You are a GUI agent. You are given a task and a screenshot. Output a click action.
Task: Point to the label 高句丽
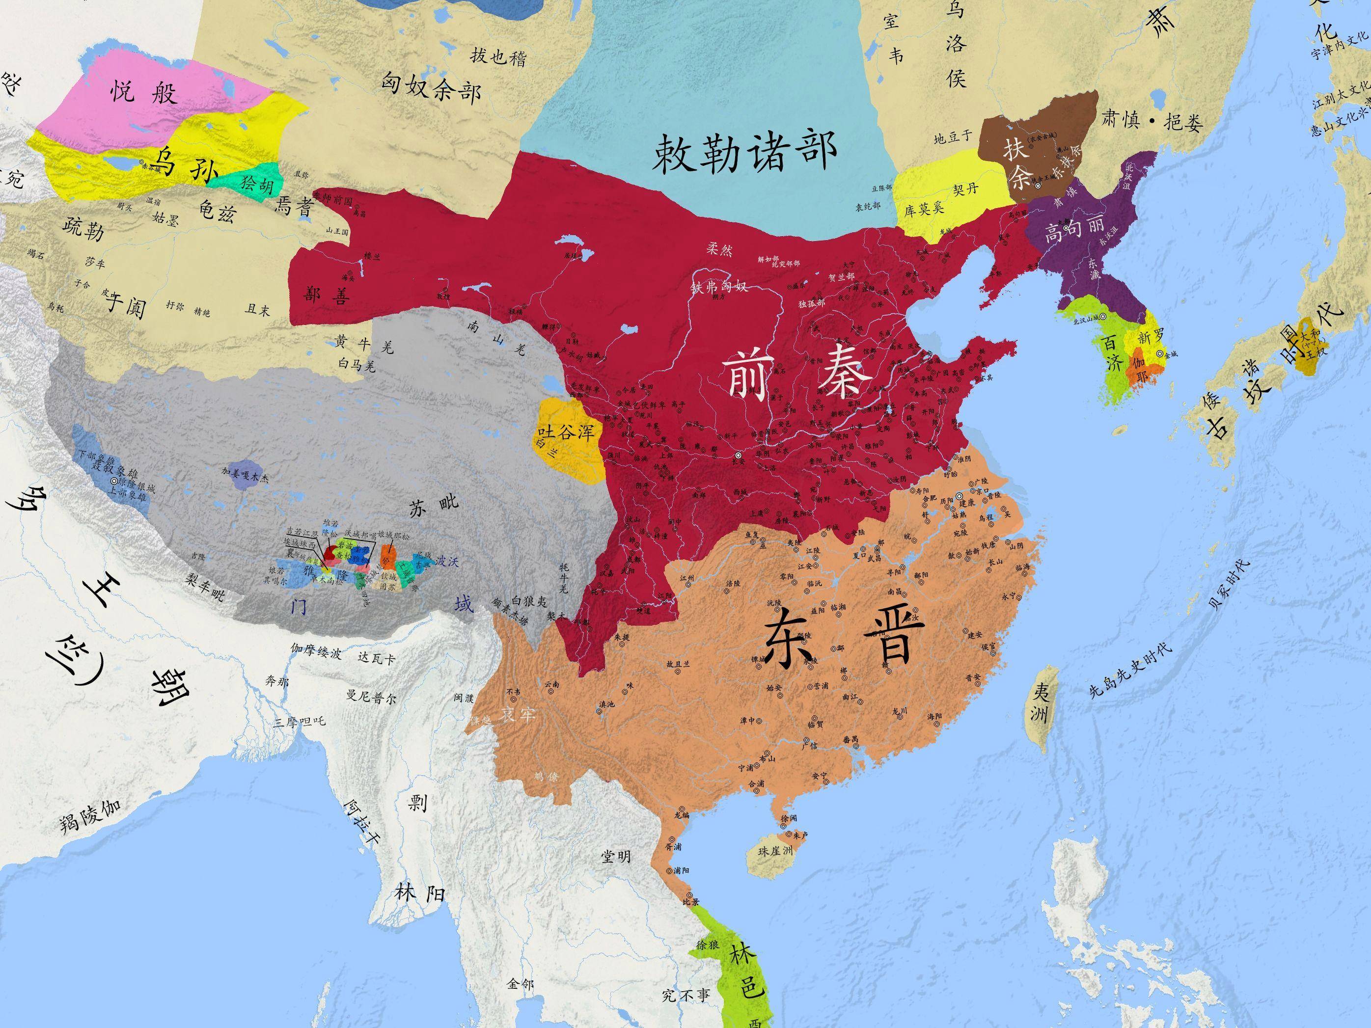tap(1073, 231)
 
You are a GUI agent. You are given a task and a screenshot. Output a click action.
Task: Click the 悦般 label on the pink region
tap(144, 93)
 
